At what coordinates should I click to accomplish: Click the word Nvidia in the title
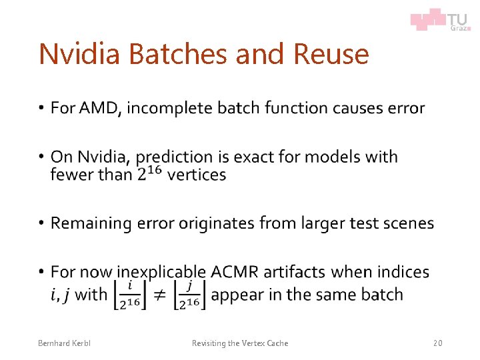pyautogui.click(x=81, y=54)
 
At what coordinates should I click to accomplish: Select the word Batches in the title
pyautogui.click(x=173, y=54)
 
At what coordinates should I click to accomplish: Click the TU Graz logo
pyautogui.click(x=440, y=19)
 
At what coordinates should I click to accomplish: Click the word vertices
pyautogui.click(x=197, y=175)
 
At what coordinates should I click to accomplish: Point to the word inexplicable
pyautogui.click(x=162, y=272)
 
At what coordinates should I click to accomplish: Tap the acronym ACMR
pyautogui.click(x=235, y=272)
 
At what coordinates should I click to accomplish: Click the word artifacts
pyautogui.click(x=295, y=272)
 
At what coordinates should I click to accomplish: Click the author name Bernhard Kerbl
pyautogui.click(x=64, y=343)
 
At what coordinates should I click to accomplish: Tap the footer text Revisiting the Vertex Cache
pyautogui.click(x=240, y=343)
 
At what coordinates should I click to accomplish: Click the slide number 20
pyautogui.click(x=437, y=343)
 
